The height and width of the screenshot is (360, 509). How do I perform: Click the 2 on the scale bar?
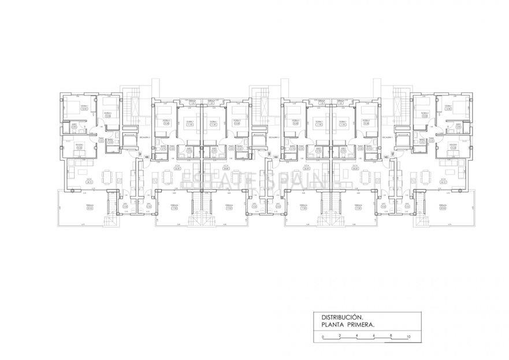tap(340, 335)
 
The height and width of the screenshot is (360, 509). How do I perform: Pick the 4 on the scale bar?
tap(357, 335)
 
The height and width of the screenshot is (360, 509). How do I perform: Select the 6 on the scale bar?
tap(374, 335)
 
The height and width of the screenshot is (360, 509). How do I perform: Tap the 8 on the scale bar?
tap(391, 335)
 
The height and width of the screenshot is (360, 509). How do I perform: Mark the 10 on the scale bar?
tap(408, 335)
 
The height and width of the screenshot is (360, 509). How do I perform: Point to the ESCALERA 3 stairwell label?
tap(144, 138)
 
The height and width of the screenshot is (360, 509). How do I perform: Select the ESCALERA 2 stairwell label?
tap(274, 138)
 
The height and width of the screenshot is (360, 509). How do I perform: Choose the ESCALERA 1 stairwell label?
tap(403, 138)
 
